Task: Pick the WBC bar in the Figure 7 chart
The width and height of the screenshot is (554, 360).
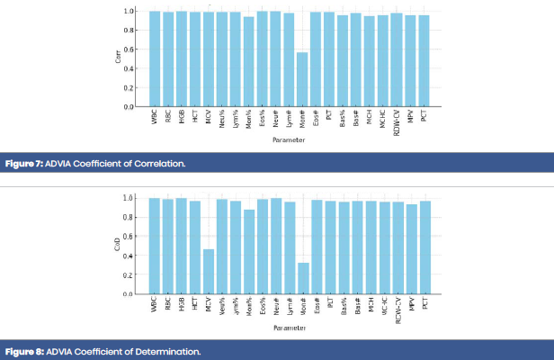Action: click(x=155, y=58)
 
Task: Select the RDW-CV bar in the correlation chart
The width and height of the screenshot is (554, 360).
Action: click(x=397, y=59)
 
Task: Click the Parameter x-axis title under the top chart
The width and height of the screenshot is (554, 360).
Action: click(x=289, y=140)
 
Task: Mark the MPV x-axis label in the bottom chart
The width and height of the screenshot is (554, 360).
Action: click(x=411, y=305)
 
